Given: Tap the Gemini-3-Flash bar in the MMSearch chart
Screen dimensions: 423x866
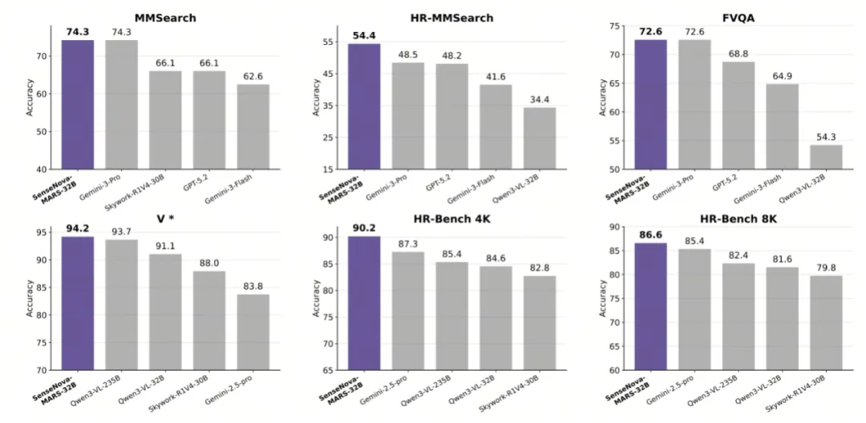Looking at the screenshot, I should click(x=253, y=127).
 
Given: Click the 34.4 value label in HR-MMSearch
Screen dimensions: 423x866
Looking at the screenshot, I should click(x=540, y=99).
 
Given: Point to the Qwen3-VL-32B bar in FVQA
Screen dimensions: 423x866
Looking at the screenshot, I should click(x=826, y=157).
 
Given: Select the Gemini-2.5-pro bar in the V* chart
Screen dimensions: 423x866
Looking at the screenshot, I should click(x=253, y=332).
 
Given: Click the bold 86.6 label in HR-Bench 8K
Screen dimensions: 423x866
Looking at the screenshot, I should click(x=650, y=236).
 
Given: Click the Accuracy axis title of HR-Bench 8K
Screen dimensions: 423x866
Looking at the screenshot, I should click(x=603, y=297).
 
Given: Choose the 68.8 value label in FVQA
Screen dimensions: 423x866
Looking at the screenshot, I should click(x=739, y=54).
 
